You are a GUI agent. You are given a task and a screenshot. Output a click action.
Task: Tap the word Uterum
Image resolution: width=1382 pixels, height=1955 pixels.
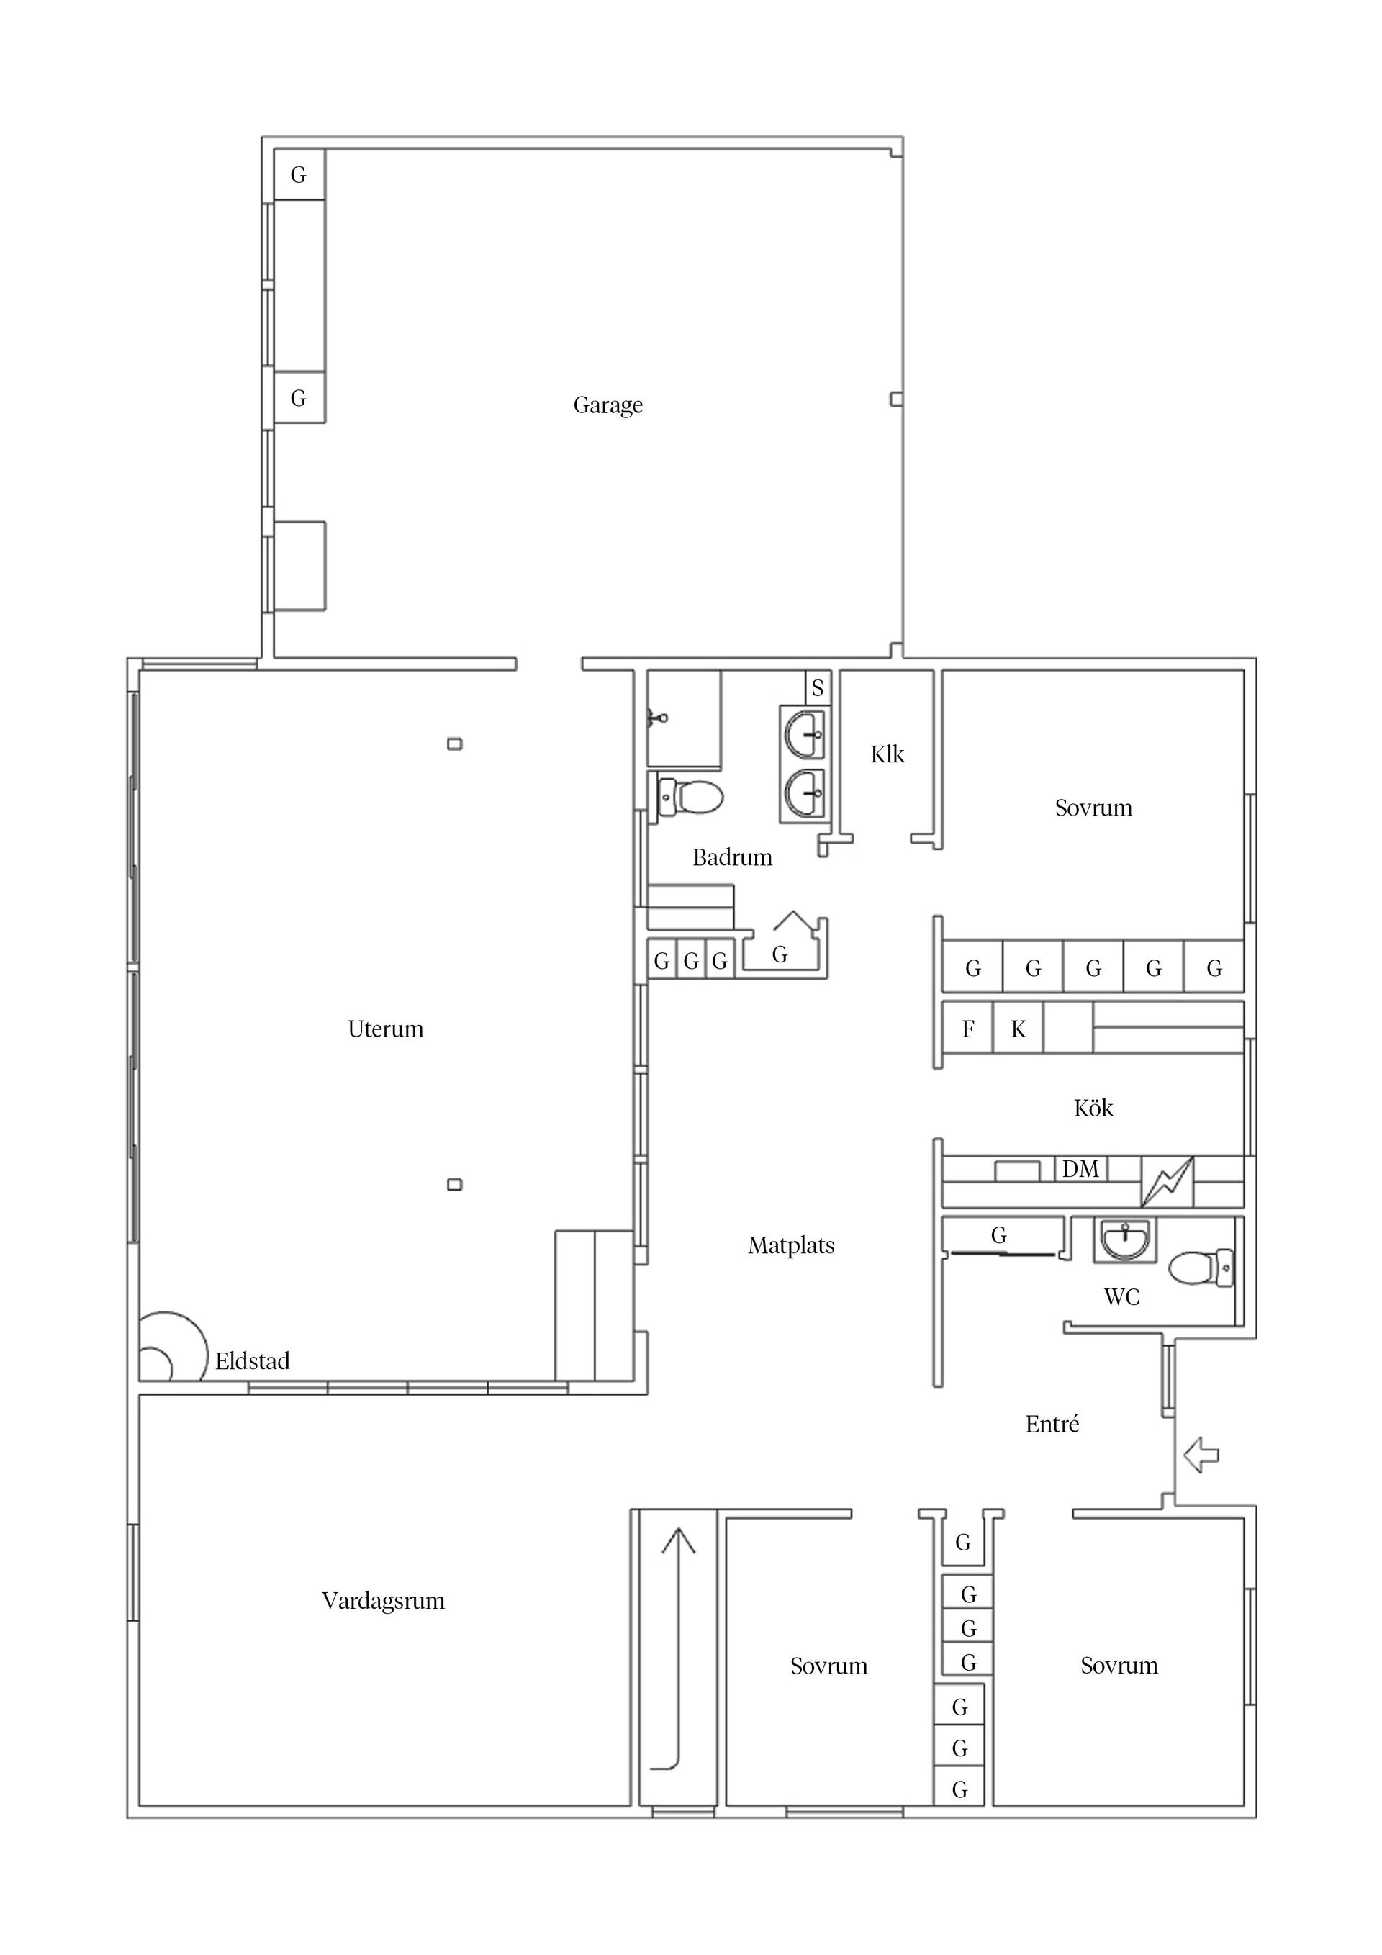[x=385, y=1029]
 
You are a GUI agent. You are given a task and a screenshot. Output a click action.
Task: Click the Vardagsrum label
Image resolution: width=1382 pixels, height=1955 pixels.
[x=383, y=1601]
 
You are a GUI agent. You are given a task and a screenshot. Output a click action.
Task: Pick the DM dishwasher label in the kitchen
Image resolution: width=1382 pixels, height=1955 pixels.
[x=1080, y=1169]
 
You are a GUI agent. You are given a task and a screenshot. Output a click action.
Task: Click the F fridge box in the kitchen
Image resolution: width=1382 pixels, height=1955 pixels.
[x=967, y=1030]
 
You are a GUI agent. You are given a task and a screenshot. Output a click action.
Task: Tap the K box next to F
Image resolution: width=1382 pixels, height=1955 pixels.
[x=1018, y=1030]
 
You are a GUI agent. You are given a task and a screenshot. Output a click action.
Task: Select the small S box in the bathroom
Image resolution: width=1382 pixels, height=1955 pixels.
[x=818, y=688]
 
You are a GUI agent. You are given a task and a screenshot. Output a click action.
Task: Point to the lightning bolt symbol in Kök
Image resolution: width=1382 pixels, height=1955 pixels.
[x=1167, y=1182]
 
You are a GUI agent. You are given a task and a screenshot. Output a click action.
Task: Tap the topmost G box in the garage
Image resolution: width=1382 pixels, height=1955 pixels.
[x=298, y=174]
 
